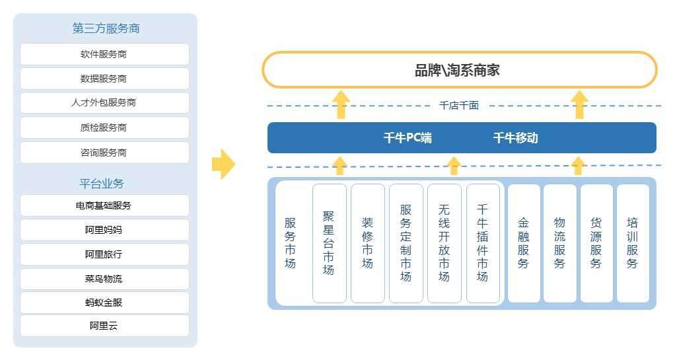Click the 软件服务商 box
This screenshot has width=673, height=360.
(104, 54)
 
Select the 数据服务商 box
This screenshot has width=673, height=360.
(104, 79)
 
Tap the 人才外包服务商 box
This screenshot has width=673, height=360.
(104, 103)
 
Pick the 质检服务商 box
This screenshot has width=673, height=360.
(104, 127)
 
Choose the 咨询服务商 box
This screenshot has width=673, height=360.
(104, 153)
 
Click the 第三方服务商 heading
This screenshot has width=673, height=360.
(106, 28)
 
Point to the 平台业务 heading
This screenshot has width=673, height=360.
(102, 184)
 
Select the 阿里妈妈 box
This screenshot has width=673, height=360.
(104, 230)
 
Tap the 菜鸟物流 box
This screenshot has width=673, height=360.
(104, 279)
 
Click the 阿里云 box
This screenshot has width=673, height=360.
(104, 326)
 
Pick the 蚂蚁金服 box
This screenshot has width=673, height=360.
(104, 303)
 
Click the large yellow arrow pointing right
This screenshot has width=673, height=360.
(223, 164)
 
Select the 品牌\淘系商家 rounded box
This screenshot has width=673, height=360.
(459, 70)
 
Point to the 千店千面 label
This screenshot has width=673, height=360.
(459, 106)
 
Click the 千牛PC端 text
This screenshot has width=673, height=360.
(407, 138)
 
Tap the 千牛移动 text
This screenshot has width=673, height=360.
(515, 138)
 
